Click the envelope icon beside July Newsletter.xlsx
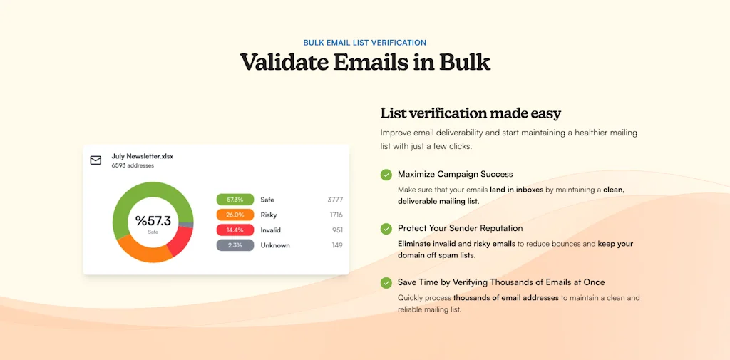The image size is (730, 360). tap(96, 160)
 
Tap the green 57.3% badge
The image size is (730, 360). tap(235, 200)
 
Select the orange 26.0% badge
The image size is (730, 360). tap(235, 215)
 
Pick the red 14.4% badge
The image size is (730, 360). tap(235, 230)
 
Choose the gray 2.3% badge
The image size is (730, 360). tap(235, 245)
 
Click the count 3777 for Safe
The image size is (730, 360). tap(335, 200)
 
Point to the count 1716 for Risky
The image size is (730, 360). tap(336, 215)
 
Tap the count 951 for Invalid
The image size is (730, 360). tap(337, 230)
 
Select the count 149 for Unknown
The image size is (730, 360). tap(337, 245)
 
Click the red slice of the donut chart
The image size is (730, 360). tap(182, 240)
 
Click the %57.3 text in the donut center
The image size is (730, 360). tap(153, 221)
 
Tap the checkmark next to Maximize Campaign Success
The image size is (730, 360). tap(386, 175)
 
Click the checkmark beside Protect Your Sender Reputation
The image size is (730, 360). tap(386, 229)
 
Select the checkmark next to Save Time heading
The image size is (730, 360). tap(386, 283)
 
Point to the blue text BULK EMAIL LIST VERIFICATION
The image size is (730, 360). tap(365, 43)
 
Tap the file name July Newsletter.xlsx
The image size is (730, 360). tap(143, 157)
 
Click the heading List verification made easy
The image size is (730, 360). tap(471, 113)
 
